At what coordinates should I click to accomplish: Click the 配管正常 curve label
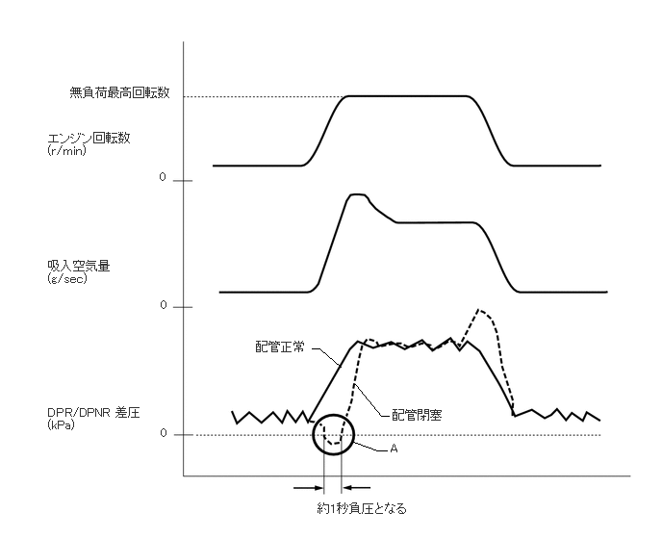[x=280, y=347]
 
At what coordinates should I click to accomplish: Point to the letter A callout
[x=394, y=449]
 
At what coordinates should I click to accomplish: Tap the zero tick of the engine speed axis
[x=163, y=179]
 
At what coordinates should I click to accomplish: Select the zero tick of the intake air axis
[x=163, y=306]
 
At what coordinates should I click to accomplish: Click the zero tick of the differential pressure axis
[x=163, y=434]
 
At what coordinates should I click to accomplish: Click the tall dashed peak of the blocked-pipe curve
[x=481, y=312]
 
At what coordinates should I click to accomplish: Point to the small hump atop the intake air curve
[x=357, y=195]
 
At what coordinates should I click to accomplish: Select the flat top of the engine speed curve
[x=407, y=96]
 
